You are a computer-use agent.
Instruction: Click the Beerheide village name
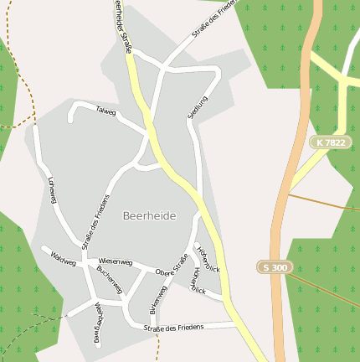tap(149, 215)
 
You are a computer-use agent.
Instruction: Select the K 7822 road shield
tap(329, 142)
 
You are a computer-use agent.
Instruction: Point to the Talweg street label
tap(106, 111)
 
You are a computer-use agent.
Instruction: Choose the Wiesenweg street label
tap(110, 262)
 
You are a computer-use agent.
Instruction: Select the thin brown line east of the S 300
tap(327, 202)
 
